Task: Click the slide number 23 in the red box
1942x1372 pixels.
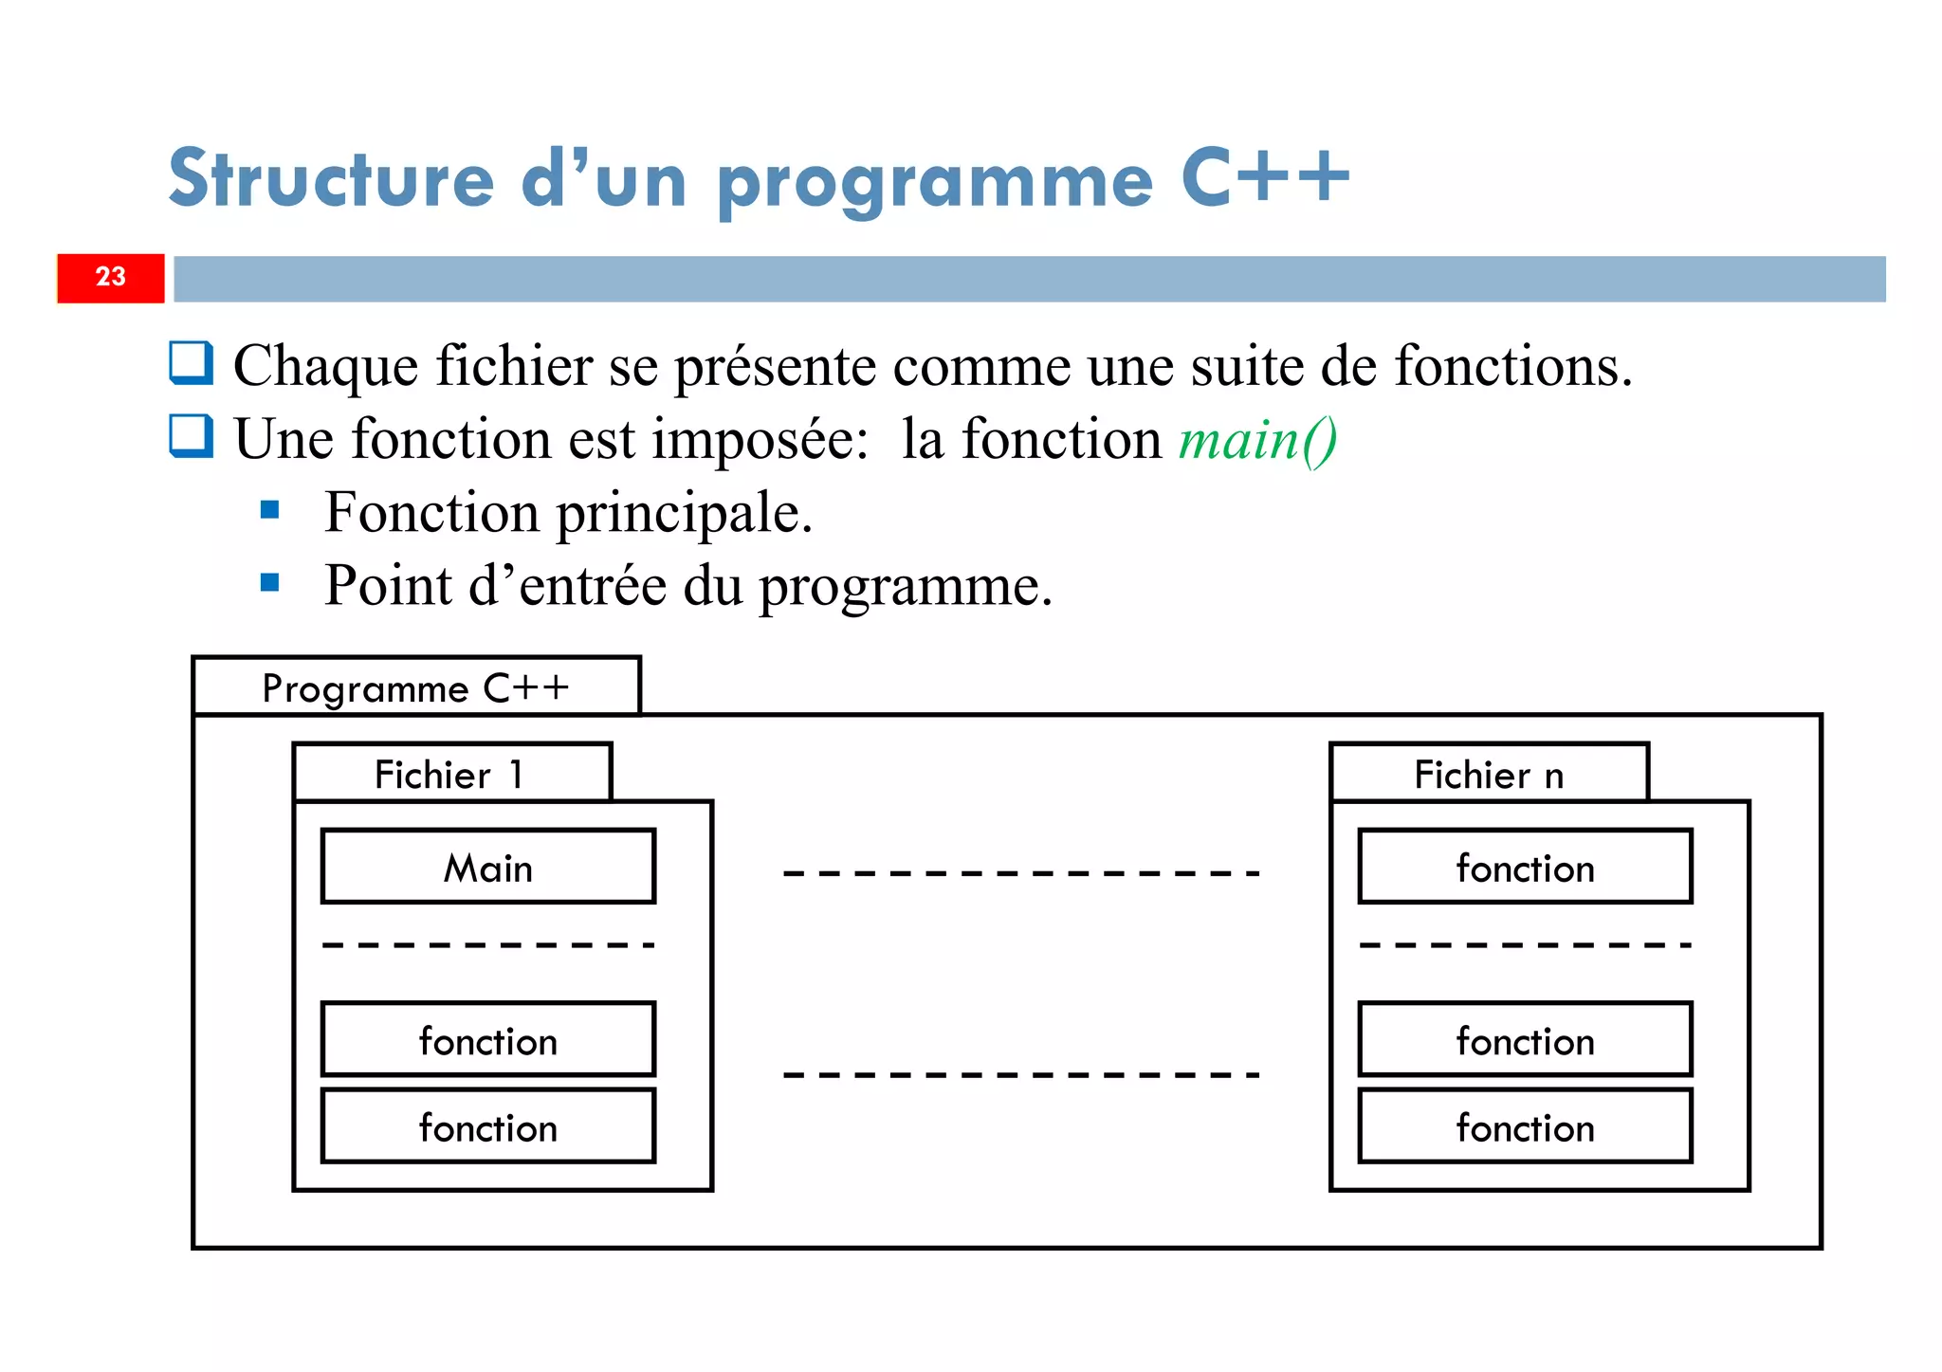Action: point(110,277)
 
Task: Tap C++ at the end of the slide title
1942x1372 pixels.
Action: point(1265,177)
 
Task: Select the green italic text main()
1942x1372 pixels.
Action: point(1257,441)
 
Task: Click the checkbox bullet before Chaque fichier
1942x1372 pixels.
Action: point(191,363)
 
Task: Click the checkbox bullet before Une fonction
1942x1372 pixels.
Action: point(191,436)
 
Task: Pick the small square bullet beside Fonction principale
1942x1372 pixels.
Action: point(270,511)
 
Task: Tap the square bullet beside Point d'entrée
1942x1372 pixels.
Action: point(270,582)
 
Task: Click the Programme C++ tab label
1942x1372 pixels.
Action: point(415,687)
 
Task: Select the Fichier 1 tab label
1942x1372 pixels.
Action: point(450,775)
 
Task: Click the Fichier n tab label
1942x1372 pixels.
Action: point(1488,775)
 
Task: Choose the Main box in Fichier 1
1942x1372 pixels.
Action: point(488,867)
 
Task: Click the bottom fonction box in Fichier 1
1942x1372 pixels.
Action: point(488,1126)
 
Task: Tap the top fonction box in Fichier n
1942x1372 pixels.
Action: point(1525,867)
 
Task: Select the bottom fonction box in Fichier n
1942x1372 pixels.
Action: point(1525,1126)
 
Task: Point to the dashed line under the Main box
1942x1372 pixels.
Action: point(488,945)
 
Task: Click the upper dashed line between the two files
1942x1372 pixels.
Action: point(1021,873)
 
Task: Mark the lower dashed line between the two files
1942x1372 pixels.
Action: point(1021,1075)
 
